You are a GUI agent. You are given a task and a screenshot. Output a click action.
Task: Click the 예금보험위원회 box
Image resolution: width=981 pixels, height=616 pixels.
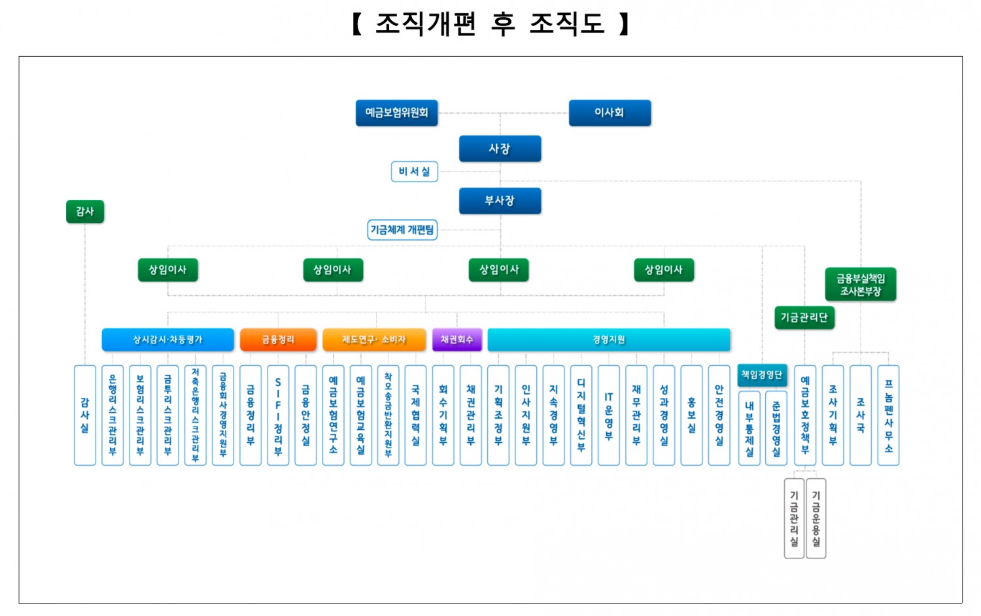click(x=396, y=113)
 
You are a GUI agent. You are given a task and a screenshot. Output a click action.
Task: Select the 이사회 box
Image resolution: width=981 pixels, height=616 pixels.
click(x=610, y=113)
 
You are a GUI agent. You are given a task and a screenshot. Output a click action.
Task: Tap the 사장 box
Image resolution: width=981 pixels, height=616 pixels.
click(x=500, y=149)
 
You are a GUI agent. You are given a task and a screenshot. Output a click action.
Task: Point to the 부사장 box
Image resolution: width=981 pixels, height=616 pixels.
click(x=500, y=201)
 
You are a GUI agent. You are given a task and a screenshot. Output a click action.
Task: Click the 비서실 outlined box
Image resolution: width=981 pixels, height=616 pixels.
click(x=414, y=172)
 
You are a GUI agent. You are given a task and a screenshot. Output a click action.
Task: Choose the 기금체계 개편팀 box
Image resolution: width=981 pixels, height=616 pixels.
click(x=402, y=230)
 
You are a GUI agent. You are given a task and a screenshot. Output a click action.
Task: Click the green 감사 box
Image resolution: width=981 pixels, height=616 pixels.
click(x=85, y=212)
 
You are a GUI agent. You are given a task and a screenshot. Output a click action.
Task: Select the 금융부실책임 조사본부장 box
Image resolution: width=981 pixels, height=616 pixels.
click(x=860, y=285)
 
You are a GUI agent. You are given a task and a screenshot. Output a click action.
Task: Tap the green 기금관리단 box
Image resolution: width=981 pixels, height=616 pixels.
click(x=804, y=318)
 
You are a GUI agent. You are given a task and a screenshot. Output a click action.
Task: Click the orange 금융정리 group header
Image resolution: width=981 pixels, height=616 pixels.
click(x=278, y=340)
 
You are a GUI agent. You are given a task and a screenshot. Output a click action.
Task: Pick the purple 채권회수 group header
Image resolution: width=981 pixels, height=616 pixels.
click(x=456, y=340)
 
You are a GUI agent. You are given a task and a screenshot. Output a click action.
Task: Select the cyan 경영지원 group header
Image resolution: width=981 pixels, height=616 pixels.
click(x=608, y=340)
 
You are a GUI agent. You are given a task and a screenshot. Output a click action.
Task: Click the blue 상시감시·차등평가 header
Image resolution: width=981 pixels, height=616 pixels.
click(x=167, y=340)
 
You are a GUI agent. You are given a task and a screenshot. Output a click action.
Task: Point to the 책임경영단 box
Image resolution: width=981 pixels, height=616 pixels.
click(x=761, y=375)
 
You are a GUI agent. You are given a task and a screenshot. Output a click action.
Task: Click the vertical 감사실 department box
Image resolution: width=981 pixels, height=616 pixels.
click(x=85, y=415)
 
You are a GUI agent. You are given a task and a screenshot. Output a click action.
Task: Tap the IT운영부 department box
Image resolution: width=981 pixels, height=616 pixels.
click(x=608, y=415)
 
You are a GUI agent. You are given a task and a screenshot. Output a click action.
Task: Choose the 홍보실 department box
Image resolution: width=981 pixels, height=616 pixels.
click(x=691, y=415)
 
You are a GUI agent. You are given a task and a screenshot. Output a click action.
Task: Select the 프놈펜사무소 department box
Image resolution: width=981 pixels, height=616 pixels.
click(x=888, y=415)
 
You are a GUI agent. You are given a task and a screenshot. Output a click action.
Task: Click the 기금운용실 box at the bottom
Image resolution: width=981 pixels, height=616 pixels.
click(x=816, y=519)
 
